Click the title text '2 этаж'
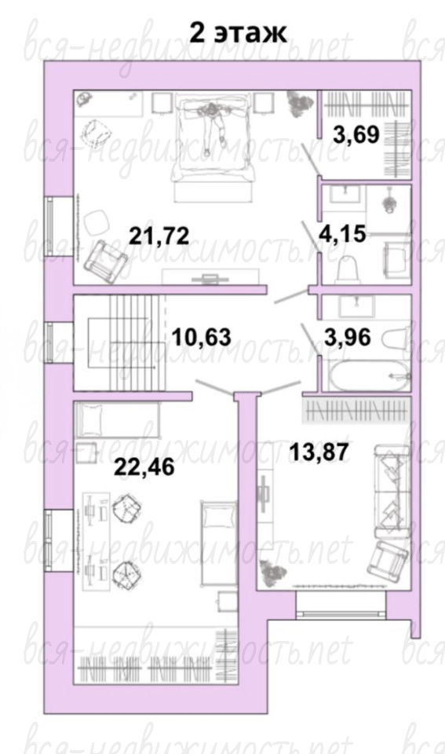(x=239, y=32)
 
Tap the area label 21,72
(x=159, y=236)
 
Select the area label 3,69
(x=356, y=134)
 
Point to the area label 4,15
(x=343, y=234)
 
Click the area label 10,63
(x=202, y=337)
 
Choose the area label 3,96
(x=348, y=337)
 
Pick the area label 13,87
(x=319, y=452)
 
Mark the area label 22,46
(x=144, y=467)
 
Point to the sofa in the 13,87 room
(x=392, y=491)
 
